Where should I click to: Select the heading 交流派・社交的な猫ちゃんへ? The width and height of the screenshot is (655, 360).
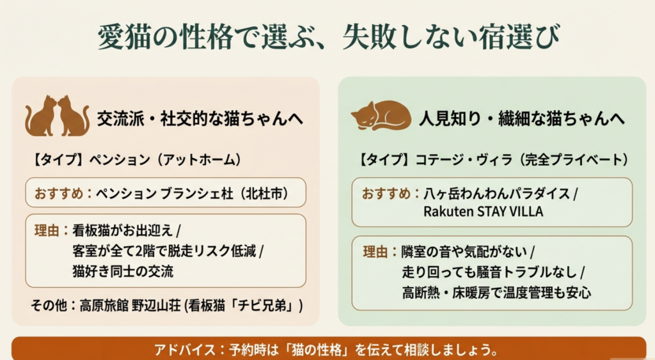200,119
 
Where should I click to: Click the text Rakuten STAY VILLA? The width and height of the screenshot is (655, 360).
483,212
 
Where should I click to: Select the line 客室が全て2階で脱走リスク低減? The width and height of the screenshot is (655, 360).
164,251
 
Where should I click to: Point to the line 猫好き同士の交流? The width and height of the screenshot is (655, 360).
123,270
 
